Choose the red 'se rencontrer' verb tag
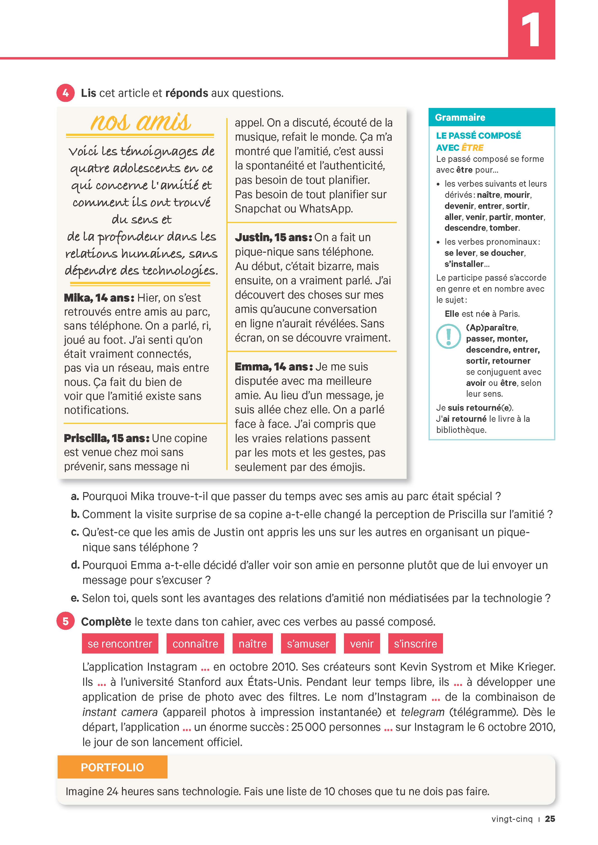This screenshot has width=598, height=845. [x=120, y=644]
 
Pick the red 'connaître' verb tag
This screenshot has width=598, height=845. [x=195, y=644]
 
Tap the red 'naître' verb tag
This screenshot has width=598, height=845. [x=253, y=644]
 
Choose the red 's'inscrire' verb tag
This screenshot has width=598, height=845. [x=415, y=644]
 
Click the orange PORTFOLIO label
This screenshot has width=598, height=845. [x=112, y=767]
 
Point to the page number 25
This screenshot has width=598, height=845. [x=550, y=819]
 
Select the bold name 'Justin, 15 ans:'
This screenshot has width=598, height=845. [x=273, y=237]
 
